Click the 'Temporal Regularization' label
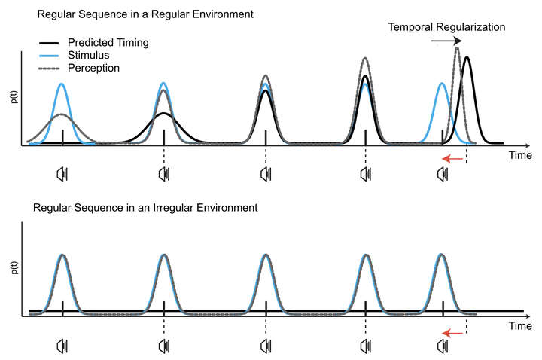(446, 27)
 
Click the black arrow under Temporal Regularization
(447, 41)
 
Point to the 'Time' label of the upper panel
(520, 155)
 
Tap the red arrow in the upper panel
(452, 158)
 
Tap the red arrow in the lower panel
(452, 331)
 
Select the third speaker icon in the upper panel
(266, 175)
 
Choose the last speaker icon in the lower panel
(443, 346)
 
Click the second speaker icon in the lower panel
(163, 346)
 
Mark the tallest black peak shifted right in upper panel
(467, 58)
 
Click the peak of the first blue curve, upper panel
(62, 84)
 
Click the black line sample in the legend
(52, 43)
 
